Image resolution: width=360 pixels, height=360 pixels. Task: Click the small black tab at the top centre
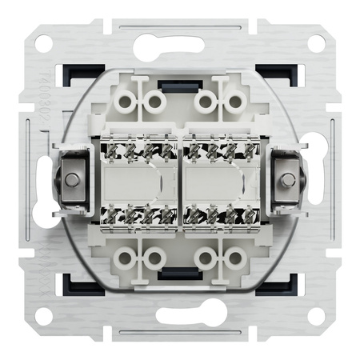pos(180,82)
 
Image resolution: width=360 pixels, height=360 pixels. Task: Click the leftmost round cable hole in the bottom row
pos(125,258)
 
